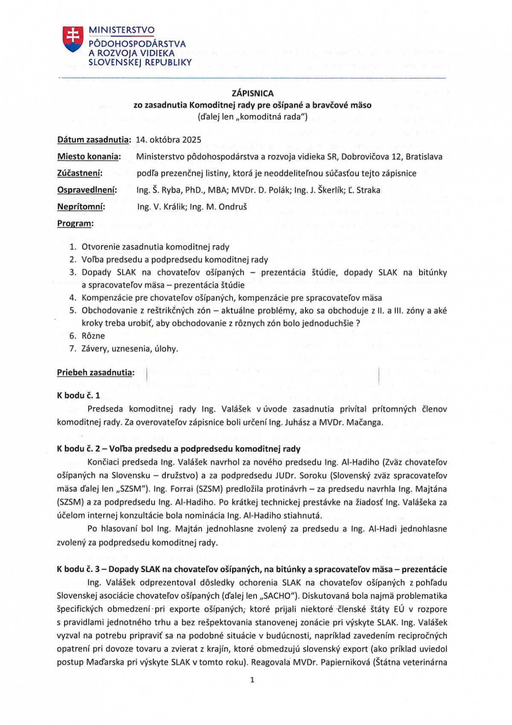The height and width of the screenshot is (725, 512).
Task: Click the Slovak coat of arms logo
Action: (x=73, y=39)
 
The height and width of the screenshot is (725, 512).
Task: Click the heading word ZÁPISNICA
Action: (x=253, y=93)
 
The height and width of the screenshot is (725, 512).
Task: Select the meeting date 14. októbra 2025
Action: (x=169, y=140)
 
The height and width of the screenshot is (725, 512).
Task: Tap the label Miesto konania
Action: (x=89, y=156)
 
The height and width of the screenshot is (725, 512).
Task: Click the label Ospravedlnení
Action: (x=87, y=190)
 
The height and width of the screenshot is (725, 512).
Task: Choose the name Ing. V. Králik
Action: (x=161, y=207)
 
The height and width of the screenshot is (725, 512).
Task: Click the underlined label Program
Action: (x=75, y=223)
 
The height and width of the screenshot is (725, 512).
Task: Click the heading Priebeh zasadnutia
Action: (x=96, y=373)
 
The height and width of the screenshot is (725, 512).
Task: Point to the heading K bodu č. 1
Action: (x=79, y=395)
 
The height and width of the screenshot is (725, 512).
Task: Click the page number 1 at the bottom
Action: (x=252, y=680)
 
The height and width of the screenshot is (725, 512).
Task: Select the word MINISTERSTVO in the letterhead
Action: (x=122, y=30)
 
